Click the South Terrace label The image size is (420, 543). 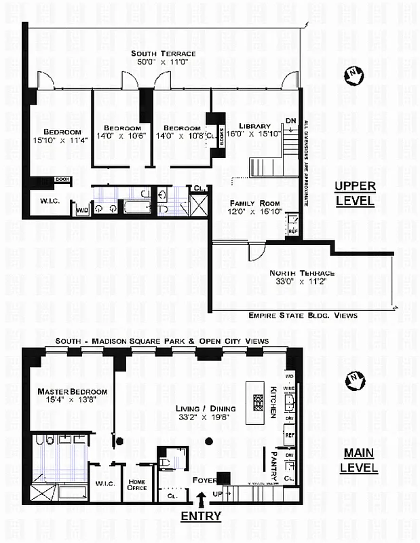pyautogui.click(x=164, y=54)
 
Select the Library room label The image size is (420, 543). pyautogui.click(x=254, y=126)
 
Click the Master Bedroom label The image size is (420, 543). pyautogui.click(x=72, y=392)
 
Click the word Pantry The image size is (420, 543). pyautogui.click(x=275, y=460)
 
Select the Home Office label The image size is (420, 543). pyautogui.click(x=137, y=484)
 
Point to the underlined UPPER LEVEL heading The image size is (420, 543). pyautogui.click(x=355, y=193)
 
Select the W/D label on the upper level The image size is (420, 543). pyautogui.click(x=81, y=210)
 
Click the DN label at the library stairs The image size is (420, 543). pyautogui.click(x=290, y=121)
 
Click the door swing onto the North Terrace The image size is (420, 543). pyautogui.click(x=255, y=252)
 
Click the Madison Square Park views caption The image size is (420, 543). pyautogui.click(x=162, y=341)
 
